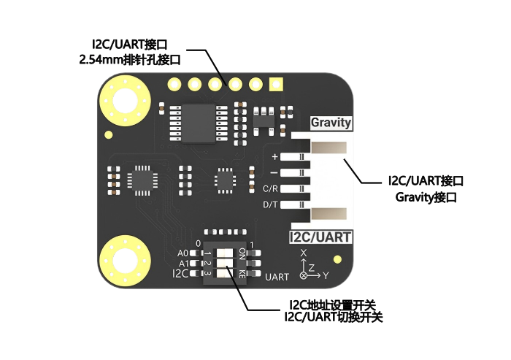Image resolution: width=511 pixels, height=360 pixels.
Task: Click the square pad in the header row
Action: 276,84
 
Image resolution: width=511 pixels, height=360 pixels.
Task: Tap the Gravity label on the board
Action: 331,123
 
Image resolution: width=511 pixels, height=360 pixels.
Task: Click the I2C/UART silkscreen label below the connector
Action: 320,237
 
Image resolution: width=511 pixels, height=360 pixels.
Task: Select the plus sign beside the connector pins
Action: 274,157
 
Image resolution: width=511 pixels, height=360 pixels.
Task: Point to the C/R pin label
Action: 271,188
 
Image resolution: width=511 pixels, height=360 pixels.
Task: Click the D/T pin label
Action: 271,204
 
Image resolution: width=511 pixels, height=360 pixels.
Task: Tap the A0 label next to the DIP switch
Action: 182,253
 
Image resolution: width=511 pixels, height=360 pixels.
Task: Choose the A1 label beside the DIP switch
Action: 184,264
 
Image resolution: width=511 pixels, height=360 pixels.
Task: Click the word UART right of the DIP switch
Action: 277,277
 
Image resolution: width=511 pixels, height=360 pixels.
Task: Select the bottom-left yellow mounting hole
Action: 125,261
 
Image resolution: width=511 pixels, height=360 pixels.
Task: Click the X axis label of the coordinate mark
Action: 304,253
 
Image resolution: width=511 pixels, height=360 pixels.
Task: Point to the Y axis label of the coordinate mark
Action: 326,276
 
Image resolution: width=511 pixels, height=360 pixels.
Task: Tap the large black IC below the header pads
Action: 199,123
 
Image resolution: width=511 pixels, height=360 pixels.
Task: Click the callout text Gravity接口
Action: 426,197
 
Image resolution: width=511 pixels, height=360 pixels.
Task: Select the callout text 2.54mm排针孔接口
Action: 130,60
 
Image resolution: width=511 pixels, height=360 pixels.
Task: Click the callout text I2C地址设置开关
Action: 332,305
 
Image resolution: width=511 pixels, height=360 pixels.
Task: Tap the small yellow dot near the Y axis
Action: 338,259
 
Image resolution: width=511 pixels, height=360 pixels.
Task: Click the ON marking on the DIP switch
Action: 242,253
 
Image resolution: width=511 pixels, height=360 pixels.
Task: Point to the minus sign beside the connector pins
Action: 274,172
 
